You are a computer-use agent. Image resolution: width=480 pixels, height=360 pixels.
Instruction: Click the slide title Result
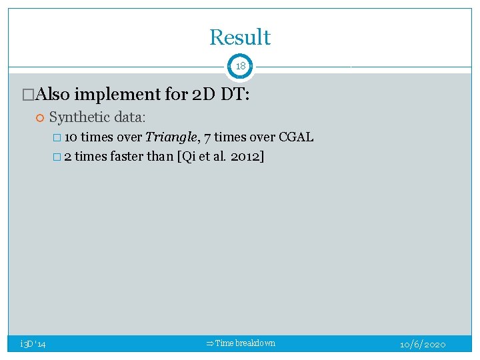point(240,37)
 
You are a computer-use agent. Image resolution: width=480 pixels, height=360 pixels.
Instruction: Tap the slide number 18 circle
point(240,67)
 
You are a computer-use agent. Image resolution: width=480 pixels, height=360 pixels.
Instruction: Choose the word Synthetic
point(79,117)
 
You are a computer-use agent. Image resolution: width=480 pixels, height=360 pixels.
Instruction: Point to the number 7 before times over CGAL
point(208,138)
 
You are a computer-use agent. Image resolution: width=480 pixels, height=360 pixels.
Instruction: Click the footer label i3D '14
point(33,344)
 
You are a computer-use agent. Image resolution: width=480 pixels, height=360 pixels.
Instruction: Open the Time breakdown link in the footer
point(245,343)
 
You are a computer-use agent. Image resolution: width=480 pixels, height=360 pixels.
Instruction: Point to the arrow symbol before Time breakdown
point(210,343)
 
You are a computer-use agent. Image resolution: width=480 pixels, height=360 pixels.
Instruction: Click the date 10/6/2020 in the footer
point(423,344)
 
